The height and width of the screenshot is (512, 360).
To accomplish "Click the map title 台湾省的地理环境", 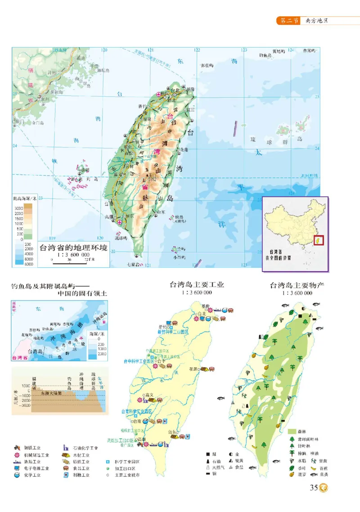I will point(73,247).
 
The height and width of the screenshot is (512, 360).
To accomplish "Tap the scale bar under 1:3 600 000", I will point(69,260).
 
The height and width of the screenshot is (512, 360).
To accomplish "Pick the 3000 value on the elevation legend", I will point(18,208).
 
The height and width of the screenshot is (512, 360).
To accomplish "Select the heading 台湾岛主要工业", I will point(197,285).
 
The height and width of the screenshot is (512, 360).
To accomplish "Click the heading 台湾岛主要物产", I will point(297,285).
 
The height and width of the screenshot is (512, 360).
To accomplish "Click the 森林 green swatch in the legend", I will point(291,431).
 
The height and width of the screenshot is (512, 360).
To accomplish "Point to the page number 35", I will point(314,487).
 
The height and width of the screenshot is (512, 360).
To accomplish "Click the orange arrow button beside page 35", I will point(323,487).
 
